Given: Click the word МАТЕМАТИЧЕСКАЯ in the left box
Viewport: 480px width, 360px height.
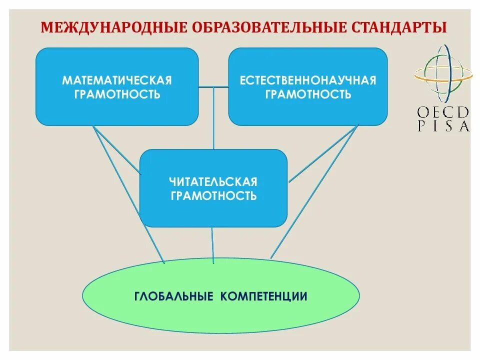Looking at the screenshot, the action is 117,80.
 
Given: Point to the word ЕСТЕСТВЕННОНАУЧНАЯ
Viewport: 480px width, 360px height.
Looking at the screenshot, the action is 307,80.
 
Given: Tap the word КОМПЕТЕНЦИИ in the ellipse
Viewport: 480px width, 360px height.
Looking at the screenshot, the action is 263,296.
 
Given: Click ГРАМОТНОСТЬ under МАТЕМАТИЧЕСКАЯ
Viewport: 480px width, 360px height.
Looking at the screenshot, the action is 117,94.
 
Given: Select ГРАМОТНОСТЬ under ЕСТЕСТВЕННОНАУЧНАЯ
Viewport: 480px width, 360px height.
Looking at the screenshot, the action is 307,94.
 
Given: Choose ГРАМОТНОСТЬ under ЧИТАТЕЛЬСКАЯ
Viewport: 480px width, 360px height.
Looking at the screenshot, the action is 213,195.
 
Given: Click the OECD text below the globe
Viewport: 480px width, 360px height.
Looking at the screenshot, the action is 443,111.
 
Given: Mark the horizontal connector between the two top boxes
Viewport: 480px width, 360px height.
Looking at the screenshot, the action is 213,87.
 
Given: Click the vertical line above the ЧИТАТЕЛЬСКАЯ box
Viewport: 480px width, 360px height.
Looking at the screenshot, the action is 213,120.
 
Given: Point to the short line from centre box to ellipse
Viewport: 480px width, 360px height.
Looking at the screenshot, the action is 213,245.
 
